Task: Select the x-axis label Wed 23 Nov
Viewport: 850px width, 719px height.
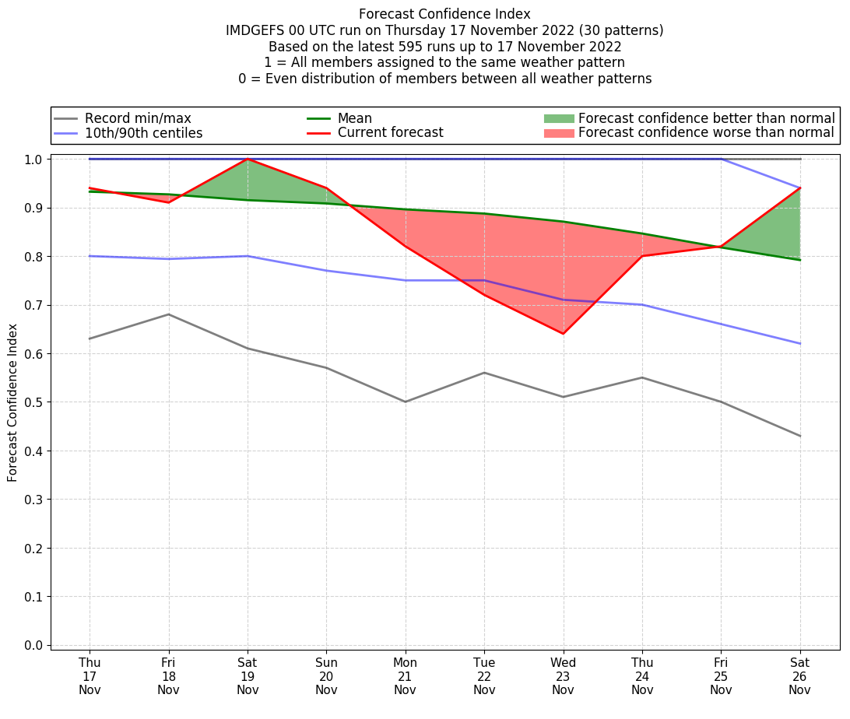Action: point(563,676)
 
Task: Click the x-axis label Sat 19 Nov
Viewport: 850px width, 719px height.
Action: point(248,676)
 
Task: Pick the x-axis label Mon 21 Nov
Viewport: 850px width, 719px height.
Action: point(405,676)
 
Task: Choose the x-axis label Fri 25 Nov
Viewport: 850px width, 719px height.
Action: point(721,676)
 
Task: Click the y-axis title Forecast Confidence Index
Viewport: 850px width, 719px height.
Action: point(12,402)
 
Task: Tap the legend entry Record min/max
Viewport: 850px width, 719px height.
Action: point(138,118)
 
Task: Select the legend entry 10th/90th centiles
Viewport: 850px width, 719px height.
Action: point(143,133)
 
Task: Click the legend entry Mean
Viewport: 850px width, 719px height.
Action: point(354,118)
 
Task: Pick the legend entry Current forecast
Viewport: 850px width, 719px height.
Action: point(390,133)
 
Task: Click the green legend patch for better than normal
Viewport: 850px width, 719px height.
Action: point(558,118)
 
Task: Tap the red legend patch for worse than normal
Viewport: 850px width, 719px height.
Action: point(558,133)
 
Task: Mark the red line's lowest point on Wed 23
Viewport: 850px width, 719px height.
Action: point(563,334)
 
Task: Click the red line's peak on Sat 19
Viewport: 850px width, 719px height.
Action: point(248,159)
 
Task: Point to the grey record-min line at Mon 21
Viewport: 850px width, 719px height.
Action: point(405,402)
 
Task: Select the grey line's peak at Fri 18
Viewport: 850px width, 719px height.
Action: point(169,314)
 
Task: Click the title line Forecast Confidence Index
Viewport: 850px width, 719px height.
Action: point(444,14)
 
